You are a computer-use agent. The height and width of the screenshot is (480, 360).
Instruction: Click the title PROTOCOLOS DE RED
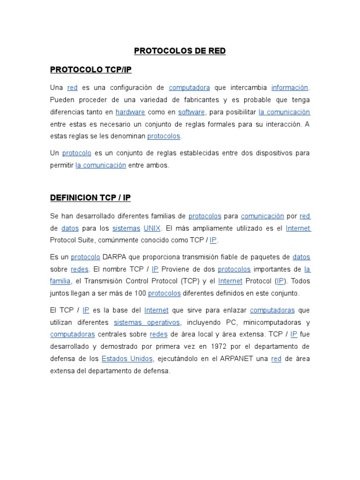pyautogui.click(x=180, y=51)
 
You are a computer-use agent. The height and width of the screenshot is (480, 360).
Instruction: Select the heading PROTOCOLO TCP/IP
pyautogui.click(x=91, y=70)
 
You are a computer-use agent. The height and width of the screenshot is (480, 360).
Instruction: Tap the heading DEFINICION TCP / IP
pyautogui.click(x=90, y=198)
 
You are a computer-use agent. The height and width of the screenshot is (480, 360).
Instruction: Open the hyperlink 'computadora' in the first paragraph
pyautogui.click(x=189, y=88)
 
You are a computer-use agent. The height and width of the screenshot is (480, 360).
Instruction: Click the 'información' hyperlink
pyautogui.click(x=290, y=88)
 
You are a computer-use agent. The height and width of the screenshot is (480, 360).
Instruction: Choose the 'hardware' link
pyautogui.click(x=130, y=112)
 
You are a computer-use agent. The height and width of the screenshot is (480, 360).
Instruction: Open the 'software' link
pyautogui.click(x=191, y=112)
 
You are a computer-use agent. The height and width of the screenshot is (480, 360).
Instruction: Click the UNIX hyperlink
pyautogui.click(x=152, y=228)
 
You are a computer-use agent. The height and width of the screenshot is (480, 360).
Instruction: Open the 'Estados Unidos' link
pyautogui.click(x=127, y=359)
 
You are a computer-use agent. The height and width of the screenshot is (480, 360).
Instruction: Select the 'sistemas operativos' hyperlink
pyautogui.click(x=147, y=322)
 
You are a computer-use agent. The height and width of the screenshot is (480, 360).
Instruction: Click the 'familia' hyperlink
pyautogui.click(x=60, y=281)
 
